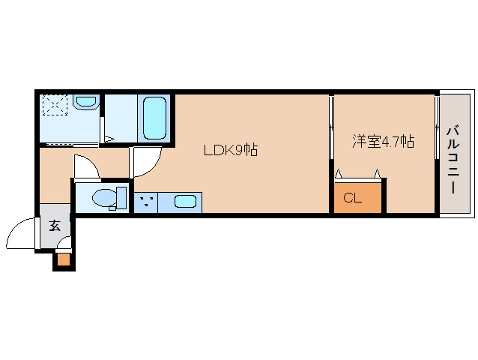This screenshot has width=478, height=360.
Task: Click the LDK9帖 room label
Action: coord(231,150)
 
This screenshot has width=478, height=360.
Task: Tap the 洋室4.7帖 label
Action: coord(383,141)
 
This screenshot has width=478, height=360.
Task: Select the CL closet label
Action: coord(352,198)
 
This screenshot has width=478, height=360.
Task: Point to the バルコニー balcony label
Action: coord(453,160)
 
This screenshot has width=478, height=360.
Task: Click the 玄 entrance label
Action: coord(55,226)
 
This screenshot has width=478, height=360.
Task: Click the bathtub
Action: coord(155,118)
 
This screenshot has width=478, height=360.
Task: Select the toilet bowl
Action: coord(105,198)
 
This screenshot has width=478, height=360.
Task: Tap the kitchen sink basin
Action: coord(185,202)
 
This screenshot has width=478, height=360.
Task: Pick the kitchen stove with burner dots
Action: coord(146,202)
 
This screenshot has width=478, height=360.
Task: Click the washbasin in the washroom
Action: coord(86,101)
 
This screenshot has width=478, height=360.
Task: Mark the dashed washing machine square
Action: coord(55,105)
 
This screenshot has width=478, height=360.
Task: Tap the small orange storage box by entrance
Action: coord(64,259)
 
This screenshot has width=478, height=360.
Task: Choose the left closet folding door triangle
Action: coord(338,173)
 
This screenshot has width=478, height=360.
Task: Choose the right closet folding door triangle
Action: coord(378,173)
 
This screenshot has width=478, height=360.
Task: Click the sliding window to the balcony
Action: coord(437,126)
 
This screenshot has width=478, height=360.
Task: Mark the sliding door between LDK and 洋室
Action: coord(332,127)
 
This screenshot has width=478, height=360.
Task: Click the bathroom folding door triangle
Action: coord(109,139)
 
